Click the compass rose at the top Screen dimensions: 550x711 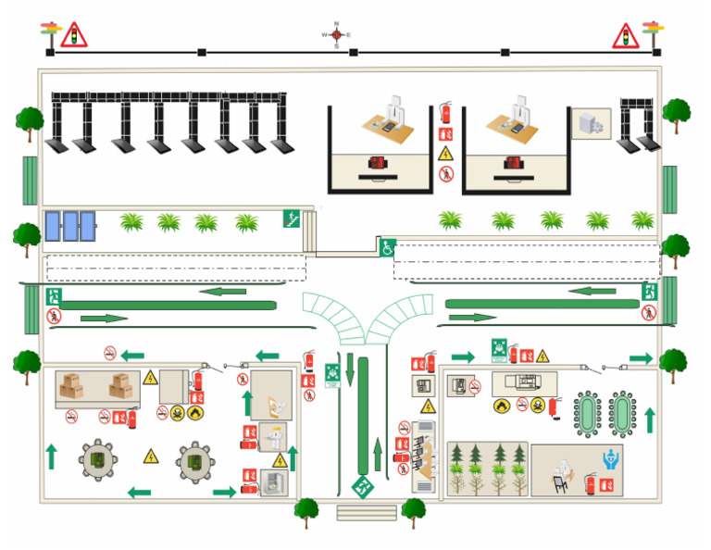[336, 34]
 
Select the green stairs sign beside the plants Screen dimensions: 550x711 [293, 219]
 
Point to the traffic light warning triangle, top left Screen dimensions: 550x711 [73, 35]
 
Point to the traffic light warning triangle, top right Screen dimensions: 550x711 [627, 36]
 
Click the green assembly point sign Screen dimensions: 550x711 [501, 351]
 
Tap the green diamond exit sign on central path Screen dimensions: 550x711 [362, 485]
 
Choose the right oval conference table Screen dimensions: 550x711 [623, 413]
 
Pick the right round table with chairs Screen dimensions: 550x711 [195, 460]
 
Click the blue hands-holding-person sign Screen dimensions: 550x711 [610, 458]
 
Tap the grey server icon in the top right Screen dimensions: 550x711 [591, 123]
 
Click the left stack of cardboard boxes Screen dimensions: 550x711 [72, 386]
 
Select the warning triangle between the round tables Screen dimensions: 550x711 [151, 456]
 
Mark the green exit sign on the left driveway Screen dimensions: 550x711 [54, 296]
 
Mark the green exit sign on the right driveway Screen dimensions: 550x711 [649, 292]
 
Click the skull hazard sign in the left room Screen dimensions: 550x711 [178, 413]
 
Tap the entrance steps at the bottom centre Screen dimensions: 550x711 [366, 512]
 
